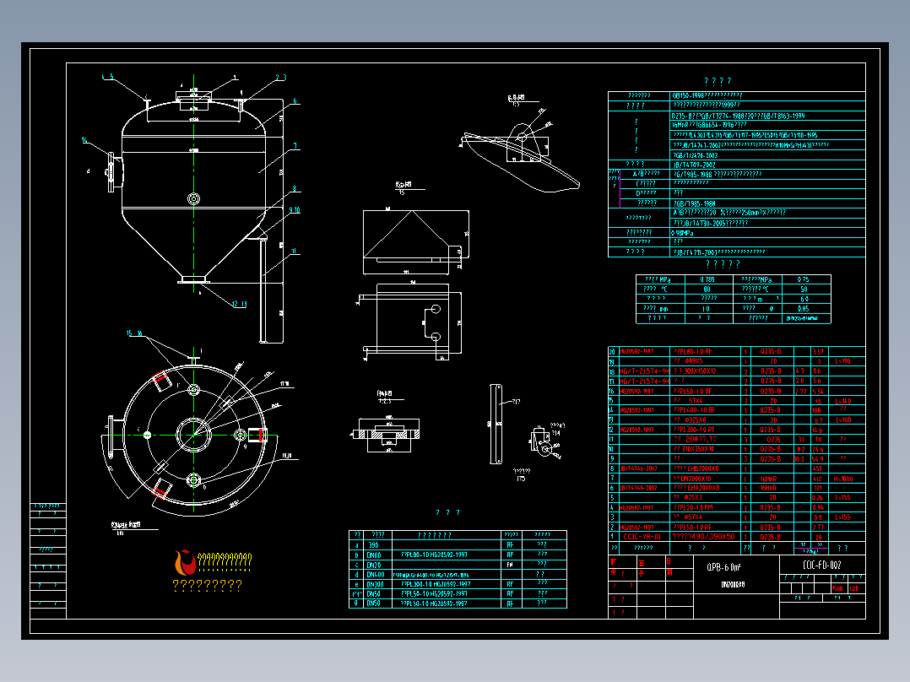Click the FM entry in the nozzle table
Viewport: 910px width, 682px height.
pos(510,565)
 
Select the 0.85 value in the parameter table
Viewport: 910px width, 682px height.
pos(804,308)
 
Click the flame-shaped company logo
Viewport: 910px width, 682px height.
pos(181,560)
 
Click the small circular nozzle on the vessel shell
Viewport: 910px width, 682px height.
pos(193,199)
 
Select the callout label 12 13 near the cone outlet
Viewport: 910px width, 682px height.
pos(238,304)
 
